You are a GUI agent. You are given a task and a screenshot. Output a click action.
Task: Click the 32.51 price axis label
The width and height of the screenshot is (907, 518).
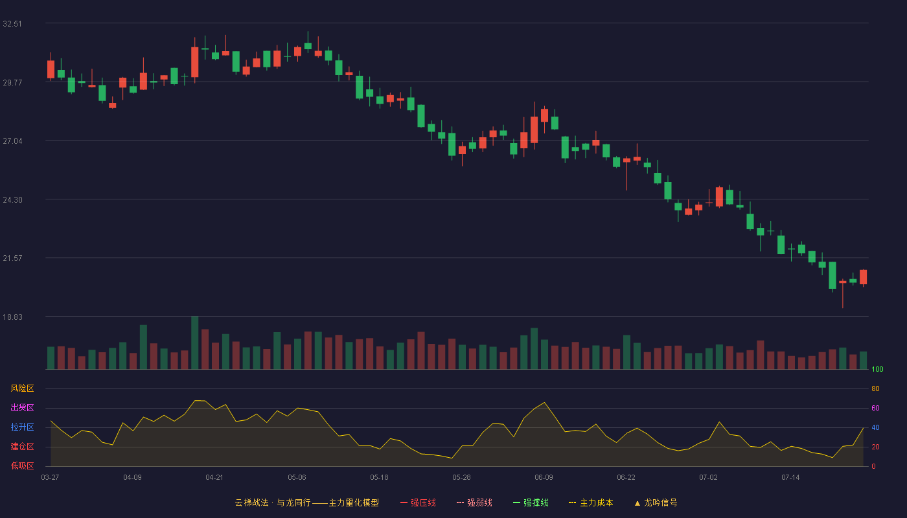[12, 24]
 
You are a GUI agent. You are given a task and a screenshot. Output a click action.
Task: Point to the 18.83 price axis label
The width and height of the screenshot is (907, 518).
[12, 317]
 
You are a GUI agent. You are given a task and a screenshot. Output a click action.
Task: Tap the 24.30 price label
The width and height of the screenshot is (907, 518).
[12, 200]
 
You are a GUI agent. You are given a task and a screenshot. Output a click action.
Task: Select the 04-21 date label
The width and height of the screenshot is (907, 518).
[214, 478]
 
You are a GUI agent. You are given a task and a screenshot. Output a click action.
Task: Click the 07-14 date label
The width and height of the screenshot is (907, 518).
[790, 478]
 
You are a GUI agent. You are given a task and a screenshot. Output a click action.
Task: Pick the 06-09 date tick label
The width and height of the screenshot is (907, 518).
[544, 478]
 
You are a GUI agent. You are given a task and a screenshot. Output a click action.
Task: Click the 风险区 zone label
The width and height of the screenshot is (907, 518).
[22, 388]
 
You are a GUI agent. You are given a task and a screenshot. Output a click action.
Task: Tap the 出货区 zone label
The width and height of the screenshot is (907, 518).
[22, 407]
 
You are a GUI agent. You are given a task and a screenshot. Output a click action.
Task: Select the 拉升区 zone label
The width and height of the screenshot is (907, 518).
[22, 427]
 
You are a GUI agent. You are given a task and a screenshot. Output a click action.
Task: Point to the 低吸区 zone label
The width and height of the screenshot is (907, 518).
[22, 466]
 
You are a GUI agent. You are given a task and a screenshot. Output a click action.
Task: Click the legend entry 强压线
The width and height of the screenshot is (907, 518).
[418, 502]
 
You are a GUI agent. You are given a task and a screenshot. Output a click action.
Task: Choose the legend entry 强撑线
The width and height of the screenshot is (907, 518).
[531, 502]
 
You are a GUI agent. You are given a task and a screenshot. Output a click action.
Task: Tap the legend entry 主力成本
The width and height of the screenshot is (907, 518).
[591, 502]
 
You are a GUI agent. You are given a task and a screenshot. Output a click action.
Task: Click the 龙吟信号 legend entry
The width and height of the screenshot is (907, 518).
[656, 502]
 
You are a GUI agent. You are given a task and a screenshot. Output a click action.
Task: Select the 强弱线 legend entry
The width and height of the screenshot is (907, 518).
[474, 502]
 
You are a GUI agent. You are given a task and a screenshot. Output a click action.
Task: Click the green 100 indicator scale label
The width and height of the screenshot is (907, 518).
[877, 369]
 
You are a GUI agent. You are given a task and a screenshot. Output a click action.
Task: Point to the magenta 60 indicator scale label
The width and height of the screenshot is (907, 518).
[875, 408]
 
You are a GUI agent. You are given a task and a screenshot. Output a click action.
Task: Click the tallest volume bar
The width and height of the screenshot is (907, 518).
[195, 343]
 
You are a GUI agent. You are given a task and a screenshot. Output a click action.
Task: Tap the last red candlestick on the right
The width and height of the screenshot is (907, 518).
[863, 277]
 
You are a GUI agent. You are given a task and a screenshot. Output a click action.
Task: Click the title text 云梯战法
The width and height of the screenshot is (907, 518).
[251, 502]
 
